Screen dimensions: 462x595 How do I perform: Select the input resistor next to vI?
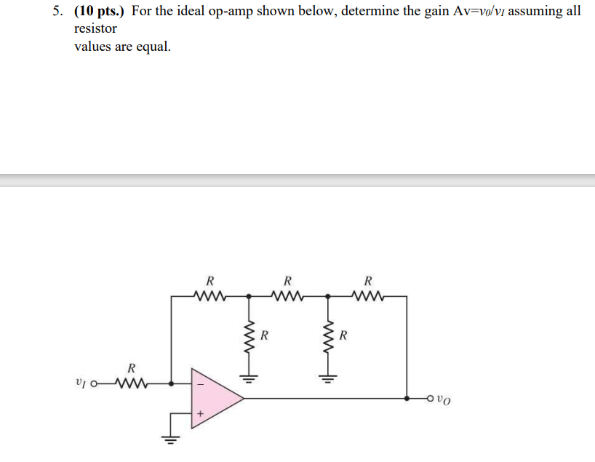pyautogui.click(x=130, y=383)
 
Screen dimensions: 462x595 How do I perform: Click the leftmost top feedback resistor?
pyautogui.click(x=209, y=296)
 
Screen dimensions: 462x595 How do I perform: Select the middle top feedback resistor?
pyautogui.click(x=288, y=296)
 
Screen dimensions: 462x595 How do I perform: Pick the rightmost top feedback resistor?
pyautogui.click(x=367, y=296)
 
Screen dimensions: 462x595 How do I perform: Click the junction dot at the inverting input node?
pyautogui.click(x=171, y=383)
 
